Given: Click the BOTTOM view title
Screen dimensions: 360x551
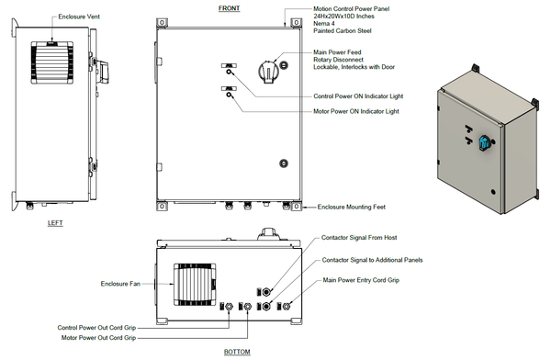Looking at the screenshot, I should [236, 352].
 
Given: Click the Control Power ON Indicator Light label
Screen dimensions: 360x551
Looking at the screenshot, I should [357, 96].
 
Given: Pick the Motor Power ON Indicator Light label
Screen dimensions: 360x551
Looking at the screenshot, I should [355, 111].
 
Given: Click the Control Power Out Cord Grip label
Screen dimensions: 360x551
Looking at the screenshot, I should [96, 328].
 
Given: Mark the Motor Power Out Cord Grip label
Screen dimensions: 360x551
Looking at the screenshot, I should [98, 338].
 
